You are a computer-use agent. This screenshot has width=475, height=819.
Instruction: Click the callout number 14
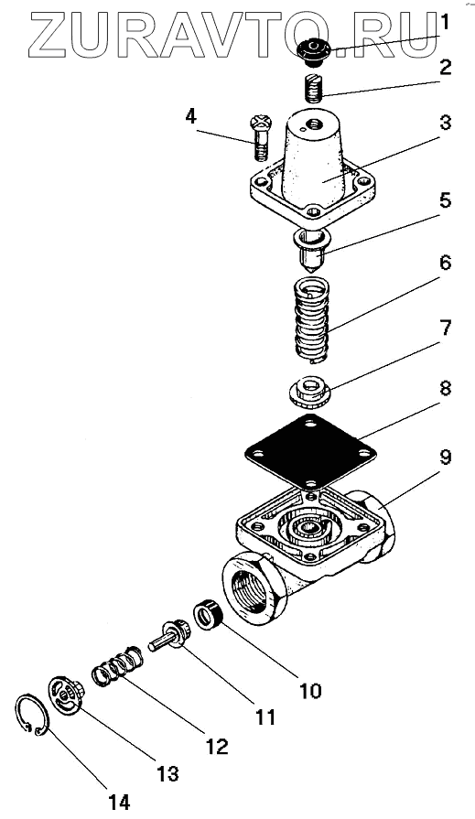pos(120,802)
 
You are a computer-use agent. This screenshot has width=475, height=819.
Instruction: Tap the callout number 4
pos(190,117)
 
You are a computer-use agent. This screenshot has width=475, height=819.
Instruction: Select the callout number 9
pos(444,458)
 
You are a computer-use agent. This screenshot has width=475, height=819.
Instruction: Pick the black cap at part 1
pos(313,53)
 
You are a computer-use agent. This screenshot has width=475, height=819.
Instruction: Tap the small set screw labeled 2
pos(312,89)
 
